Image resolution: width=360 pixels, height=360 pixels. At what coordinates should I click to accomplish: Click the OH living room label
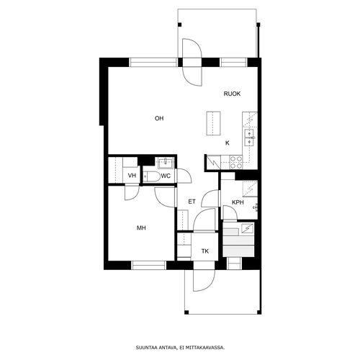(x=159, y=118)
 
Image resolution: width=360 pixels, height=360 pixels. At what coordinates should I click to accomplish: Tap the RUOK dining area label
(x=232, y=94)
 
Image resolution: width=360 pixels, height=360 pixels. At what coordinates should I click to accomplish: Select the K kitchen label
(x=228, y=143)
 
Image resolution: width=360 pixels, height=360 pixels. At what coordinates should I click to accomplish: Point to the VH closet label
(x=132, y=176)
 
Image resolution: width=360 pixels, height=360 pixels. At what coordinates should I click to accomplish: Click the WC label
(x=166, y=176)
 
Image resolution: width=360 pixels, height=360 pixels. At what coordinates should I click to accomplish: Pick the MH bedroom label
(x=141, y=228)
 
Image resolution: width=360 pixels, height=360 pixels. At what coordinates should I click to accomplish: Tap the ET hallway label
(x=192, y=202)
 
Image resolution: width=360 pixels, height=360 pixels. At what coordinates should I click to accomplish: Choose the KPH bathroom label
(x=238, y=202)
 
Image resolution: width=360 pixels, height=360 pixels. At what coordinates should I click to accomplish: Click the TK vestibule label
(x=205, y=251)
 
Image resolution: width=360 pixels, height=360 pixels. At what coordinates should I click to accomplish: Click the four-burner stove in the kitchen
(x=236, y=162)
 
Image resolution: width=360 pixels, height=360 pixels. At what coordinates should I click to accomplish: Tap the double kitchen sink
(x=249, y=138)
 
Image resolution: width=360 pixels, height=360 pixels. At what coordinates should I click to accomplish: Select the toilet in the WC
(x=152, y=176)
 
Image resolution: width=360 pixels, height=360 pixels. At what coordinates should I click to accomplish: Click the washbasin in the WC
(x=166, y=163)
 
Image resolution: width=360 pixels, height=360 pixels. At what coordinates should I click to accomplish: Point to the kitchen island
(x=213, y=123)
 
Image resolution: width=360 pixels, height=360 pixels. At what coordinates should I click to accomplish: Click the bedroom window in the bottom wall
(x=149, y=265)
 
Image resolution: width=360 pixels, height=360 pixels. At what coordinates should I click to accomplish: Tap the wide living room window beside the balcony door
(x=153, y=63)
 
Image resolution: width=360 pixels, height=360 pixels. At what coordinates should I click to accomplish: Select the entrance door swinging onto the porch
(x=204, y=279)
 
